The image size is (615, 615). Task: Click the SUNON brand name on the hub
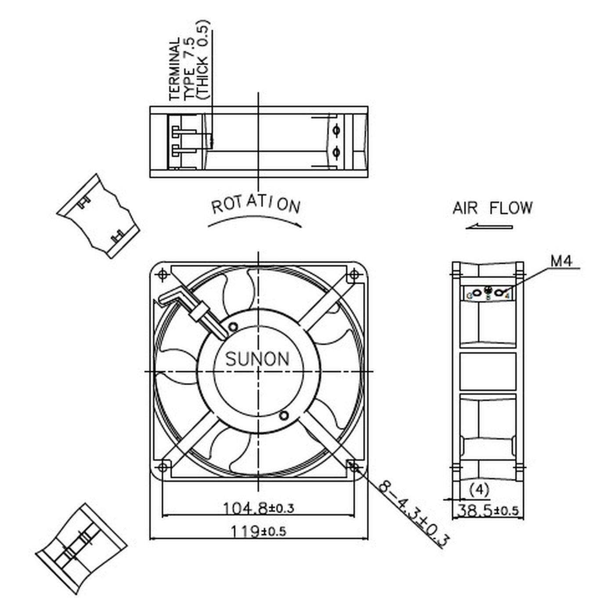pyautogui.click(x=257, y=359)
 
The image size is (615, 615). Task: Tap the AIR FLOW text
pyautogui.click(x=492, y=208)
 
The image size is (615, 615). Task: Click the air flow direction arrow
pyautogui.click(x=489, y=227)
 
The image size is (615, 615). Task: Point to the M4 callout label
pyautogui.click(x=561, y=261)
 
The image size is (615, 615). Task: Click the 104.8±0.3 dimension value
pyautogui.click(x=258, y=509)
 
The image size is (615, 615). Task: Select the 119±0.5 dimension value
pyautogui.click(x=258, y=532)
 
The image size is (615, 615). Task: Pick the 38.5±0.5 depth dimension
pyautogui.click(x=488, y=511)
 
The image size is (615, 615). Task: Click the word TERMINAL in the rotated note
pyautogui.click(x=174, y=69)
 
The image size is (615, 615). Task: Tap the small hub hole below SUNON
pyautogui.click(x=284, y=415)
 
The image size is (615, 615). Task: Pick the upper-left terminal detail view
pyautogui.click(x=98, y=216)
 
